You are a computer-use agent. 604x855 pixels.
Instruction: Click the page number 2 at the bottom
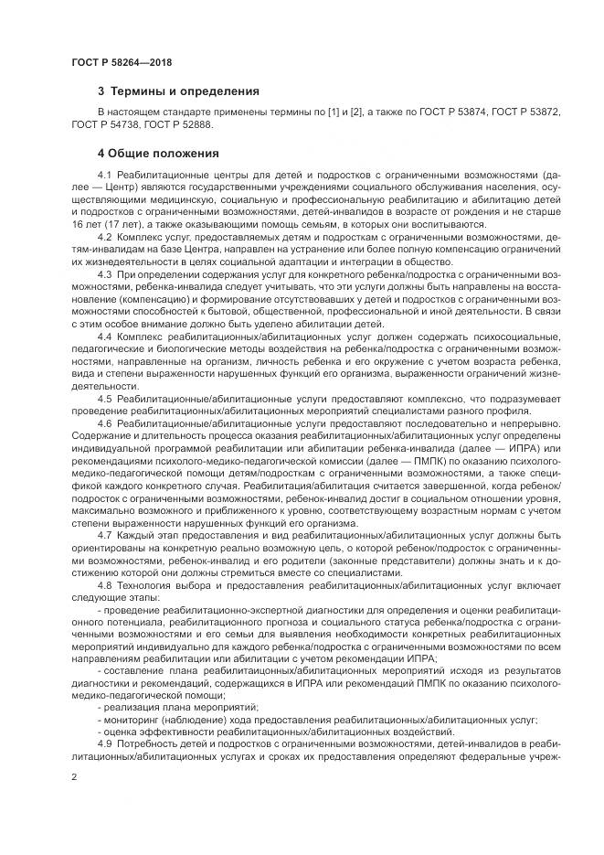coord(73,776)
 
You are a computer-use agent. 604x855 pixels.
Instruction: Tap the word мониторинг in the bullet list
coord(132,720)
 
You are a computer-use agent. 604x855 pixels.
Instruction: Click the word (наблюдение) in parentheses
coord(194,720)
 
